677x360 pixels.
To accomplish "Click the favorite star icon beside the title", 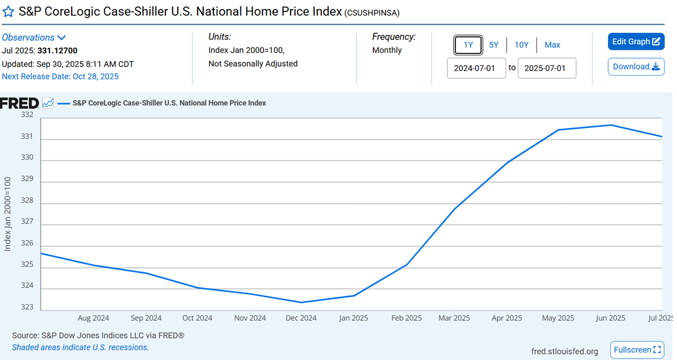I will (8, 12).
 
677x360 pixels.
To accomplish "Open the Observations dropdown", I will (34, 37).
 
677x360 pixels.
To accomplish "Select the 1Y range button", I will (468, 45).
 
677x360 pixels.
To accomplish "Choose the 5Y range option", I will (494, 45).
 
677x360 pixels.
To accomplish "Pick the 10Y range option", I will (521, 45).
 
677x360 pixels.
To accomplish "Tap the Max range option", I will (552, 45).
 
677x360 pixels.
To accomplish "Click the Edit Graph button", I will (636, 41).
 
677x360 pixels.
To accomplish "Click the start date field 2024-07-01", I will (476, 68).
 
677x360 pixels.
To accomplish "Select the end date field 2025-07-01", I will (547, 68).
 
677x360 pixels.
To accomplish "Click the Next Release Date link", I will (60, 76).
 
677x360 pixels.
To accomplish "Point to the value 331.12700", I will (58, 51).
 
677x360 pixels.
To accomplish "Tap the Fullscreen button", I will (637, 350).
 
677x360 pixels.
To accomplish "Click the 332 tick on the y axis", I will (27, 115).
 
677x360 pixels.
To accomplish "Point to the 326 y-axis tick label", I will (27, 244).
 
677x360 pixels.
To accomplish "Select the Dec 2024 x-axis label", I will (301, 318).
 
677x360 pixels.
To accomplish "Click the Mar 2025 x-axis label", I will (454, 318).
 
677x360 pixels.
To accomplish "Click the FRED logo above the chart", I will (19, 103).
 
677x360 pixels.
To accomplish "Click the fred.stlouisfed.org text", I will (565, 352).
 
